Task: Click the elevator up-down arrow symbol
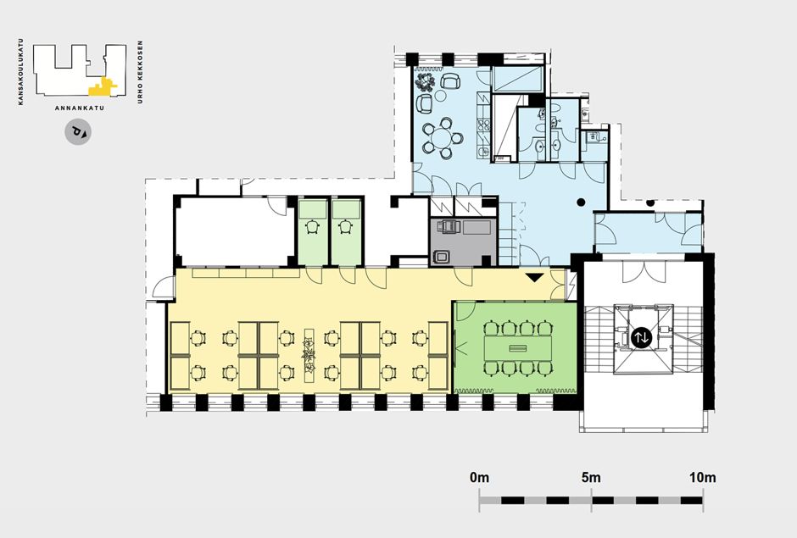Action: point(641,337)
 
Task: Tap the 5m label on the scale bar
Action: point(591,478)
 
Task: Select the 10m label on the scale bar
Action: point(702,478)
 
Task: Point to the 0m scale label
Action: point(479,478)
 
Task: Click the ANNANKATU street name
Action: point(80,108)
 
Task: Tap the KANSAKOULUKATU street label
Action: point(20,72)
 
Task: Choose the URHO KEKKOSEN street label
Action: point(140,72)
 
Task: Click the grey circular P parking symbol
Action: point(78,131)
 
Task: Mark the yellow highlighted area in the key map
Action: point(102,87)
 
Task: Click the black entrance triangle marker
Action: point(535,277)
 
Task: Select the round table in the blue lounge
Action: point(441,137)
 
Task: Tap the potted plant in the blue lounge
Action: point(424,81)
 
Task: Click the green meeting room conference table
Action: point(517,347)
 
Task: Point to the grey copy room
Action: point(463,241)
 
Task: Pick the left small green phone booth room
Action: point(313,231)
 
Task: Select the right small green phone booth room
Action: point(347,231)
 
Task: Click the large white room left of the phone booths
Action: point(235,231)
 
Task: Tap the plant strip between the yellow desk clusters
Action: point(309,355)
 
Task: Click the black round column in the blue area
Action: point(581,202)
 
